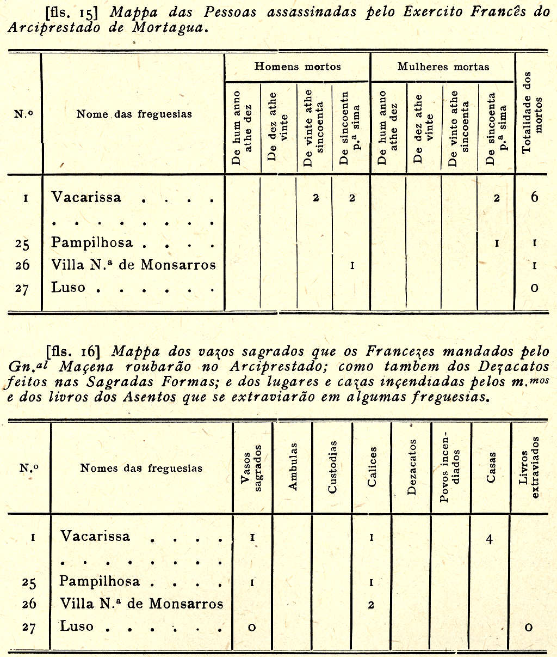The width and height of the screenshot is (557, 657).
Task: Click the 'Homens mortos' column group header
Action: coord(298,66)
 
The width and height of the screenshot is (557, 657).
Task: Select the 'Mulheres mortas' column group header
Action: coord(443,66)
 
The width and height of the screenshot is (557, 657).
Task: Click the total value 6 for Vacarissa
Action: coord(534,197)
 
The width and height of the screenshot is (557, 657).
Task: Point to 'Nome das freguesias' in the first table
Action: coord(134,114)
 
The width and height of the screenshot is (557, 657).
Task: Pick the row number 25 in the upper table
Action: coord(22,244)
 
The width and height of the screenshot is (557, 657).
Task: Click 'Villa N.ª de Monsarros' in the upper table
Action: coord(133,265)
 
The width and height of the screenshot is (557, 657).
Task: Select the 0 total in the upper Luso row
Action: coord(534,288)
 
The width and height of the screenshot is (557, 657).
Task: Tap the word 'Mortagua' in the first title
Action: coord(170,28)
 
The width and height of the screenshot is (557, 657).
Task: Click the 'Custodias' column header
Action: coord(332,467)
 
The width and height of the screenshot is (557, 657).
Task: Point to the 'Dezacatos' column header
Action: coord(411,467)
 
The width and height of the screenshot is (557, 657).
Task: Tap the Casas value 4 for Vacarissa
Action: coord(490,539)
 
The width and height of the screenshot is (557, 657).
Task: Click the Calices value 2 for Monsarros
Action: coord(371,605)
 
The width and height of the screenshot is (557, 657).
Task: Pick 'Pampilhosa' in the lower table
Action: coord(100,581)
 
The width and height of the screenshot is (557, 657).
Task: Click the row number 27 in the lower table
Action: coord(29,627)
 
